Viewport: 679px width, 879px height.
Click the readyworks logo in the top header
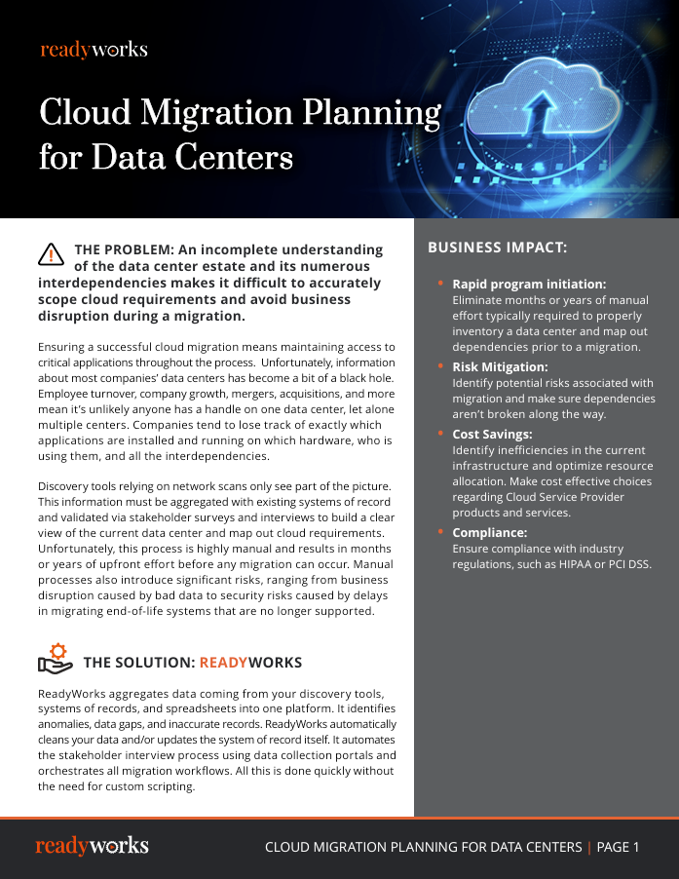94,50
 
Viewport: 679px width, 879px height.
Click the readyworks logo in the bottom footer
92,846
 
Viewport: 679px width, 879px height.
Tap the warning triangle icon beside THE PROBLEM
51,253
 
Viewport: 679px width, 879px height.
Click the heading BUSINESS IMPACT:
497,248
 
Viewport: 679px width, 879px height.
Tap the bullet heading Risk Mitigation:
500,367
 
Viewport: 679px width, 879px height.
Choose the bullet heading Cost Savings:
492,434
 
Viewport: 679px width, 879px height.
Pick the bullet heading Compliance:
489,533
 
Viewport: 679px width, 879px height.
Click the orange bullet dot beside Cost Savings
440,432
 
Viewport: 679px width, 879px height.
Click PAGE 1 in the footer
618,847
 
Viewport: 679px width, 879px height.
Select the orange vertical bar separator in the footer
588,847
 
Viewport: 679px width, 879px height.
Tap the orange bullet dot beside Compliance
440,531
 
